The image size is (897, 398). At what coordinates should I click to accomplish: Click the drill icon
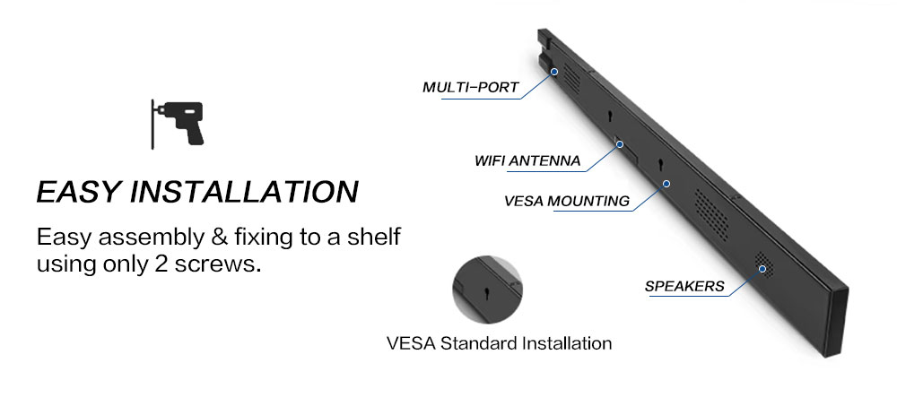[178, 123]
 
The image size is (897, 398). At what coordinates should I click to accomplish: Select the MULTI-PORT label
[471, 87]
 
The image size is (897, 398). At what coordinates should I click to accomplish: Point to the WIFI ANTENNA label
[527, 161]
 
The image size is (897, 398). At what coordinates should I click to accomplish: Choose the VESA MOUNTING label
[568, 201]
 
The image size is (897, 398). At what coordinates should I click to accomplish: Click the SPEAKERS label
[684, 287]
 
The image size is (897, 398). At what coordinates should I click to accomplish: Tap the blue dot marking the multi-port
[554, 71]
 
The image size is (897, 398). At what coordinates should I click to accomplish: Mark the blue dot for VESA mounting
[666, 183]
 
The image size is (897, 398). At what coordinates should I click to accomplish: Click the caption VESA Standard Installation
[499, 343]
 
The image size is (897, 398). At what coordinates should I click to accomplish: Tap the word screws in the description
[226, 265]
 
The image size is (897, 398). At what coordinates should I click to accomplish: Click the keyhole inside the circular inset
[486, 294]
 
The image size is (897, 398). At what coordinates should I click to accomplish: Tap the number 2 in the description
[179, 265]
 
